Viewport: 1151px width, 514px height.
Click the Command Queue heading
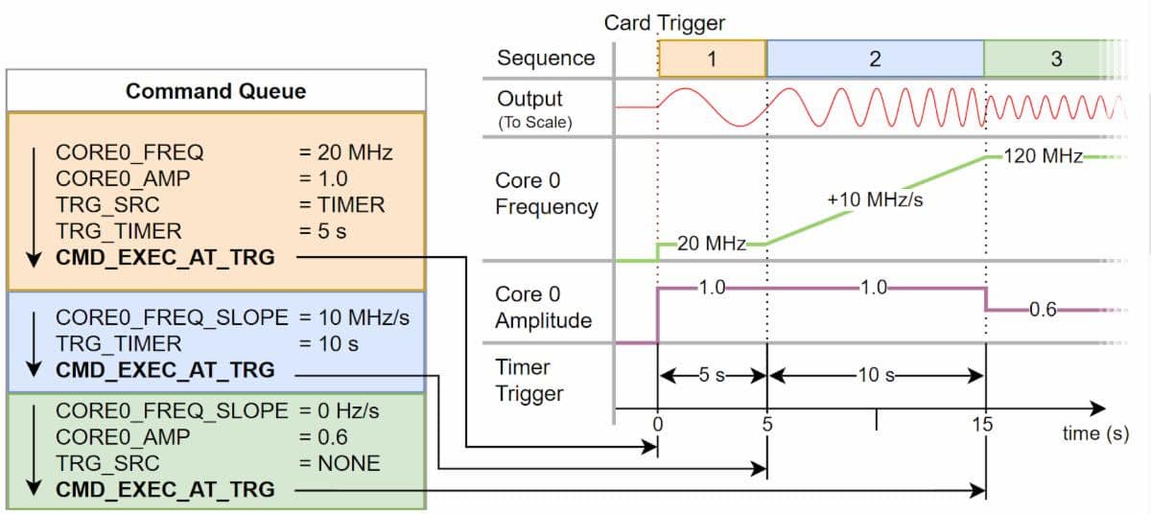(x=216, y=91)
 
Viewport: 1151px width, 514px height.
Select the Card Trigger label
(x=665, y=22)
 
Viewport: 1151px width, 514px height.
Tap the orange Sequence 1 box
(x=712, y=58)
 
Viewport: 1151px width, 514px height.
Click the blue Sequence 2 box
(x=875, y=58)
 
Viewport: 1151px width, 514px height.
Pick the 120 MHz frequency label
(x=1043, y=156)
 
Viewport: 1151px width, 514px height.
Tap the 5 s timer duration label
(x=712, y=375)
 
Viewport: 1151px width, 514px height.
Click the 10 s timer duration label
(x=876, y=375)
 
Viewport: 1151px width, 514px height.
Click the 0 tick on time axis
(x=657, y=425)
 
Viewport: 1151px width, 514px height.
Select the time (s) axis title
(x=1095, y=433)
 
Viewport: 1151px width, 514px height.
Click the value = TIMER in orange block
(x=341, y=204)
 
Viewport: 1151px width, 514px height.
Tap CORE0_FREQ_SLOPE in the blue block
(x=172, y=317)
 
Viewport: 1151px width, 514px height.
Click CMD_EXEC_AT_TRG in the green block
(x=165, y=489)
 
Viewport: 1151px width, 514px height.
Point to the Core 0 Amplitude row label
(x=543, y=307)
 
